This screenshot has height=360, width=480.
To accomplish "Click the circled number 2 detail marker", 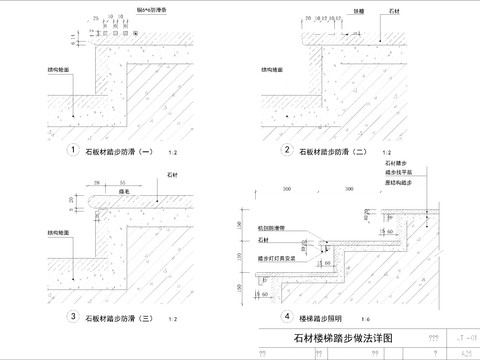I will [287, 151].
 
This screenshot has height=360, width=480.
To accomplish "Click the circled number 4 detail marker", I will [287, 317].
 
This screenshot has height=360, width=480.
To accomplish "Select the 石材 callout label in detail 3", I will [162, 174].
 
